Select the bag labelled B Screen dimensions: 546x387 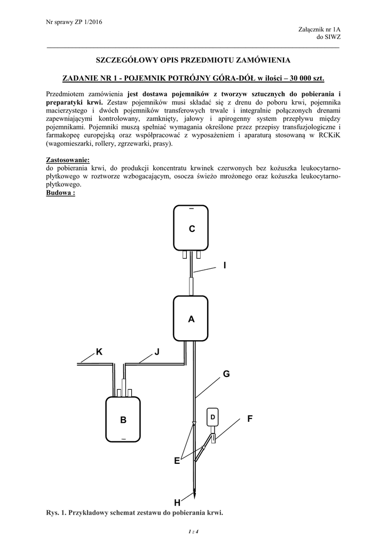[x=123, y=420]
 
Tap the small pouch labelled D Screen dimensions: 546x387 [x=212, y=416]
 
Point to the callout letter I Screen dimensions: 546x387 [x=225, y=265]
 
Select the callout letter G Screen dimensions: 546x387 [x=226, y=375]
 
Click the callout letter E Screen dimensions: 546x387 [x=177, y=462]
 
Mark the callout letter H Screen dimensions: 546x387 [x=177, y=503]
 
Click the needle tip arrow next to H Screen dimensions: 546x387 [x=195, y=495]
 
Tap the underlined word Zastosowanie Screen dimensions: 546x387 [x=68, y=159]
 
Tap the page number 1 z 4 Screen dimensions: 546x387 [x=193, y=532]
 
